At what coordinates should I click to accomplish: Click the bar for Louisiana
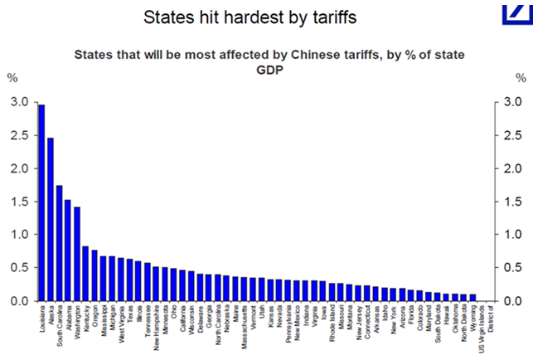coord(41,203)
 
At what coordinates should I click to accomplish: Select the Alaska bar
coord(51,220)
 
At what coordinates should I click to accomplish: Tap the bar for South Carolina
coord(60,243)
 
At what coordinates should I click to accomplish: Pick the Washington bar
coord(78,254)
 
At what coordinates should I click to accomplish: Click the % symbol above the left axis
coord(12,78)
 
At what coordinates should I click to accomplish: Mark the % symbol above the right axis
coord(521,78)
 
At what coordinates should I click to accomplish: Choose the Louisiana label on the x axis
coord(42,319)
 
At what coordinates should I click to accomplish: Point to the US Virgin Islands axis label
coord(484,325)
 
